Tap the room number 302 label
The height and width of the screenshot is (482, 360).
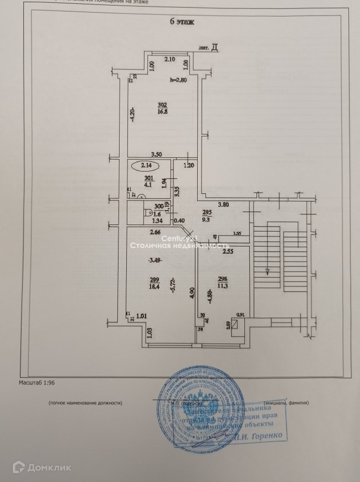point(162,105)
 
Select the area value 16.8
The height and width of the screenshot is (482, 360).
point(162,111)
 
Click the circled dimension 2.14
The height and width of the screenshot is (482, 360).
point(146,165)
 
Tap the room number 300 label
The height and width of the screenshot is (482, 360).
point(158,205)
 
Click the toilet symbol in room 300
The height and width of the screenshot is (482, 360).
point(149,212)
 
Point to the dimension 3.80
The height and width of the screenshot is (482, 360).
point(223,204)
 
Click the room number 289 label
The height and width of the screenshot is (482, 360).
point(156,280)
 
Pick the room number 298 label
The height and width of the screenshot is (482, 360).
point(223,280)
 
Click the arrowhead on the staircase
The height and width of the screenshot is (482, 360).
point(267,271)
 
